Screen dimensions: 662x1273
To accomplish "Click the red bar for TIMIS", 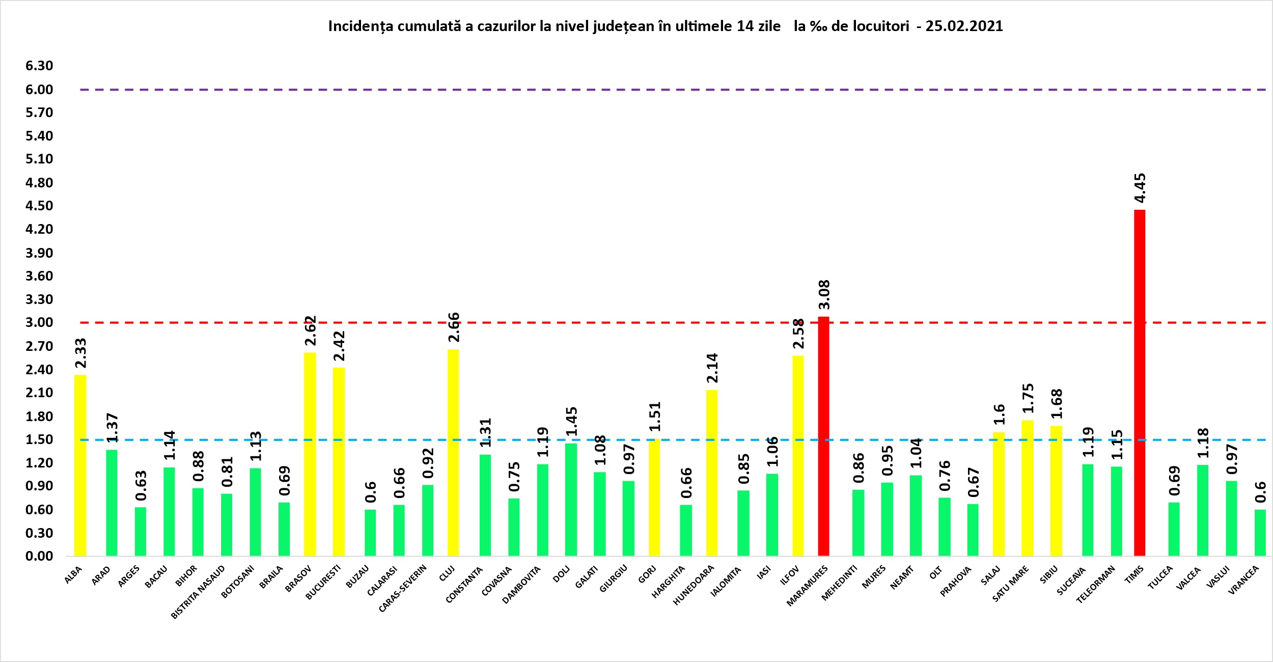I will click(1140, 382).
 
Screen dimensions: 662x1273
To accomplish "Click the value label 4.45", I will click(1140, 188).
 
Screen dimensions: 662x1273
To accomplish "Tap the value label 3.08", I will click(824, 294).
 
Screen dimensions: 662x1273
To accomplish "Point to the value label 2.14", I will click(712, 368).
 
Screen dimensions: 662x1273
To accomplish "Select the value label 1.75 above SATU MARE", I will click(1028, 398).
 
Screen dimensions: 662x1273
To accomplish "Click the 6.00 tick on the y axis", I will click(39, 90).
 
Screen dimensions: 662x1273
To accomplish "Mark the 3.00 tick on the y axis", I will click(39, 322).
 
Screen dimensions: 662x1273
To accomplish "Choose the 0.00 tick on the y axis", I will click(39, 556).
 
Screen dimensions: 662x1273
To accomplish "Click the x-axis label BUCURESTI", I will click(323, 583).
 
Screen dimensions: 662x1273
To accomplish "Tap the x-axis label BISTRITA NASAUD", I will click(198, 592).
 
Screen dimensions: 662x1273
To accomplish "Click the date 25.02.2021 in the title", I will click(964, 26).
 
